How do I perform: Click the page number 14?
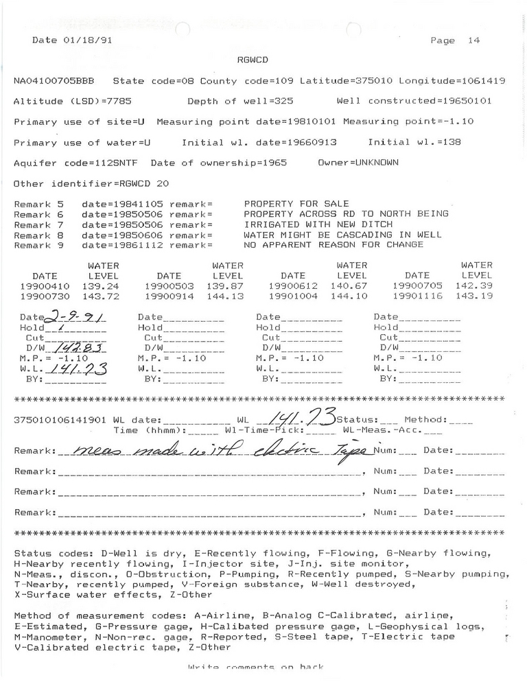point(473,40)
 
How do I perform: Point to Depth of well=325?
point(240,102)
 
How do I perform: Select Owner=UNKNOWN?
point(357,163)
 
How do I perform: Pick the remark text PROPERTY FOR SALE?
point(296,204)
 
